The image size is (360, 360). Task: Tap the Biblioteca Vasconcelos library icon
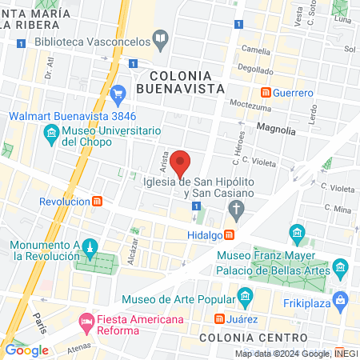click(x=161, y=38)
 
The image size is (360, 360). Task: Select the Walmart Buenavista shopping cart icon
click(x=118, y=94)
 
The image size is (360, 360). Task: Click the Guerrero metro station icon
click(x=266, y=93)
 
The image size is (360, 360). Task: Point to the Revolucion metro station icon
click(x=97, y=202)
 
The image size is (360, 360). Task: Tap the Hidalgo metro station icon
click(x=230, y=234)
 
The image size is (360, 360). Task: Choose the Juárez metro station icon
click(x=219, y=318)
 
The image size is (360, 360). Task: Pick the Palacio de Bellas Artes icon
click(x=342, y=266)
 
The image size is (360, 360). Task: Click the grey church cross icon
click(x=236, y=210)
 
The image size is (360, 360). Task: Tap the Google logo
click(x=27, y=350)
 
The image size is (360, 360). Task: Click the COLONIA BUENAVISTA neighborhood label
click(x=182, y=81)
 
